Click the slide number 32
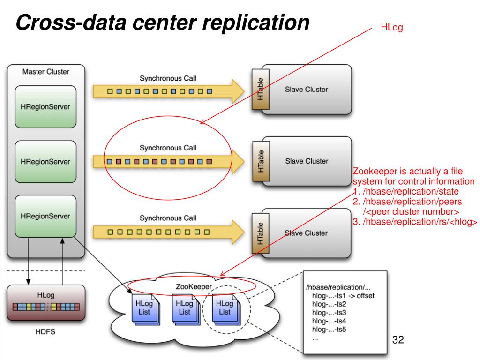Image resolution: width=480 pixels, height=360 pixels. tap(397, 340)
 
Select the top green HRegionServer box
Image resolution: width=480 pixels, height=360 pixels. tap(45, 106)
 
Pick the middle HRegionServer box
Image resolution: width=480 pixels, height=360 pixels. tap(45, 161)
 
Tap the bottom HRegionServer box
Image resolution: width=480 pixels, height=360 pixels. tap(45, 216)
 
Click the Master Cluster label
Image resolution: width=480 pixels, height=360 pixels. tap(45, 72)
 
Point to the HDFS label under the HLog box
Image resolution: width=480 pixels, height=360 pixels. tap(45, 332)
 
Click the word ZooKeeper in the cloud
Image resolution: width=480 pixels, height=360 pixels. tap(194, 286)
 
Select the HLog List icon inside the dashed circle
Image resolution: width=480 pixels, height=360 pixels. tap(225, 308)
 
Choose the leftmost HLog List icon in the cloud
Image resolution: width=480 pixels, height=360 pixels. tap(144, 308)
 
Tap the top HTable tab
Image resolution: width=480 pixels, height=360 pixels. tap(259, 89)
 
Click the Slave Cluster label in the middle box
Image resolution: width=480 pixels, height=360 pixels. tap(307, 161)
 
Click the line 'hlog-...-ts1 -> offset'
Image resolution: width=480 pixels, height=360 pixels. tap(343, 295)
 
